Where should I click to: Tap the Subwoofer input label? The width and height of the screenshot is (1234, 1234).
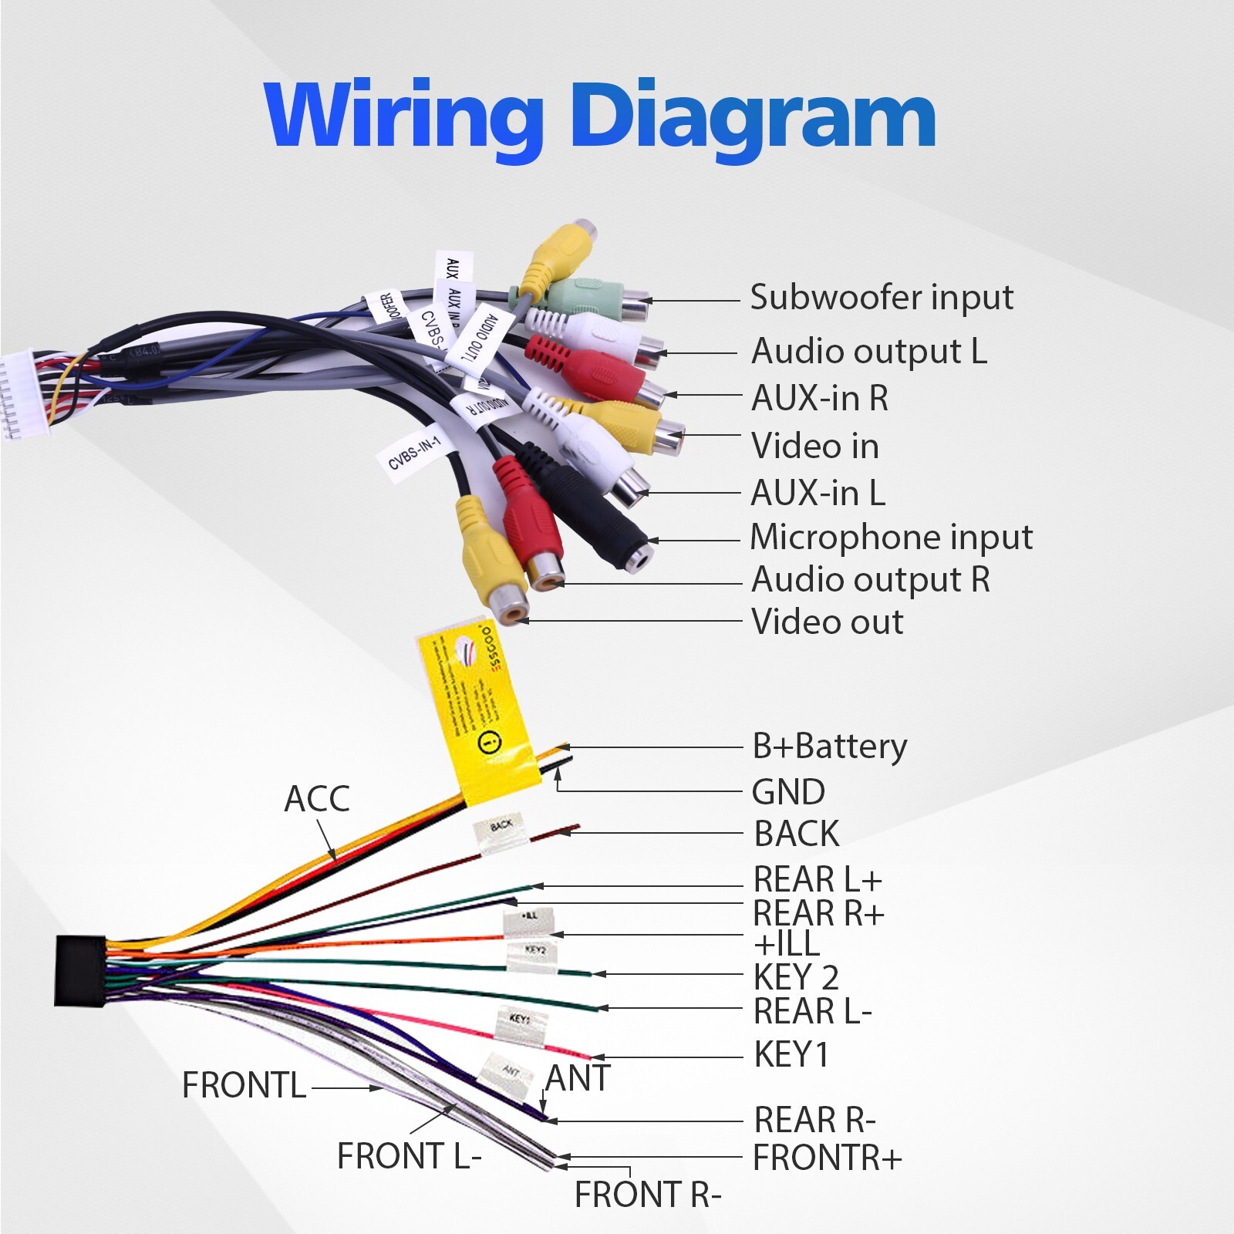tap(881, 298)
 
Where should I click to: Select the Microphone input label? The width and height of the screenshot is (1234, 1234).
tap(891, 538)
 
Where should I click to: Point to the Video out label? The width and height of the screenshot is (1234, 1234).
tap(827, 622)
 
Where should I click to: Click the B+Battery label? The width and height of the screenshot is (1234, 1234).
tap(829, 747)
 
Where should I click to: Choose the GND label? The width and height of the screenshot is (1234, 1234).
tap(788, 792)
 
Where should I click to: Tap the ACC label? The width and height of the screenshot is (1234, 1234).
tap(316, 799)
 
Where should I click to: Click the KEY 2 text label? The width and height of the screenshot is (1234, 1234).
tap(795, 978)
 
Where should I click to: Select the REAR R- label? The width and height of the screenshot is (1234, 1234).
tap(814, 1120)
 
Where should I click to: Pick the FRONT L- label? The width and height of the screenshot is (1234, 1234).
tap(409, 1156)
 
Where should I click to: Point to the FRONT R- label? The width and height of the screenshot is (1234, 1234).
tap(647, 1195)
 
